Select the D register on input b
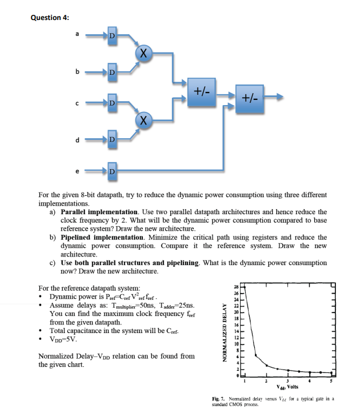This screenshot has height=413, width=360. [112, 73]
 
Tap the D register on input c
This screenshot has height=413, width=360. [112, 103]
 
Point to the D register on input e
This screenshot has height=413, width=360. [112, 170]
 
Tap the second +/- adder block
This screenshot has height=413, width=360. [250, 98]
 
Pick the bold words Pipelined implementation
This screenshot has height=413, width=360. [98, 237]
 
